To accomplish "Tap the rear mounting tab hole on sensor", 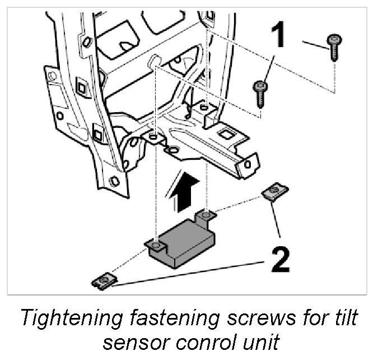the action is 207,214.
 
